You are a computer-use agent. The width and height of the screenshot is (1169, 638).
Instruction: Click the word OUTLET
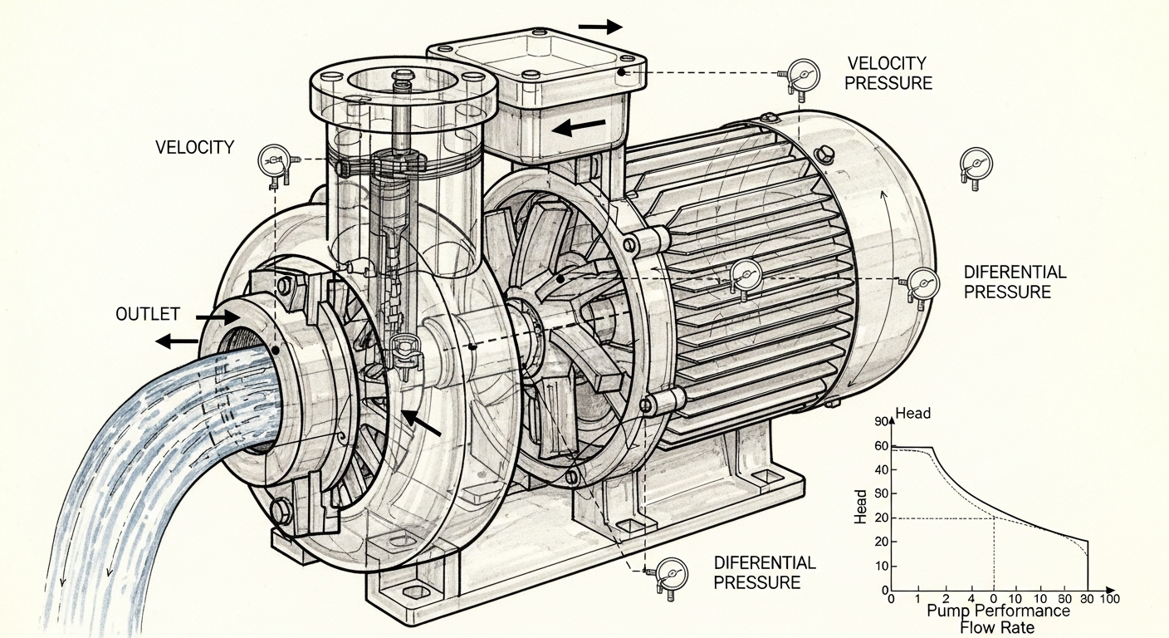[148, 315]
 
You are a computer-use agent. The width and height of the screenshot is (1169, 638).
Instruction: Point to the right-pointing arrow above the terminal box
[599, 27]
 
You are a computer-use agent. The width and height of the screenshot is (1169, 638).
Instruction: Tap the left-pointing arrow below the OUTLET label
[177, 341]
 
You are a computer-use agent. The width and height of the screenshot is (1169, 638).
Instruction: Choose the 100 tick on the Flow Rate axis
[1110, 599]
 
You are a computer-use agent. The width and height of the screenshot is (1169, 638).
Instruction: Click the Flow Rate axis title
[997, 627]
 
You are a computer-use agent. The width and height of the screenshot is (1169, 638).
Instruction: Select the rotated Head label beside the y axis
[860, 505]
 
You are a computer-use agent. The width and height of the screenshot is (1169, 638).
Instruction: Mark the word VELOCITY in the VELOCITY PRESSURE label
[887, 63]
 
